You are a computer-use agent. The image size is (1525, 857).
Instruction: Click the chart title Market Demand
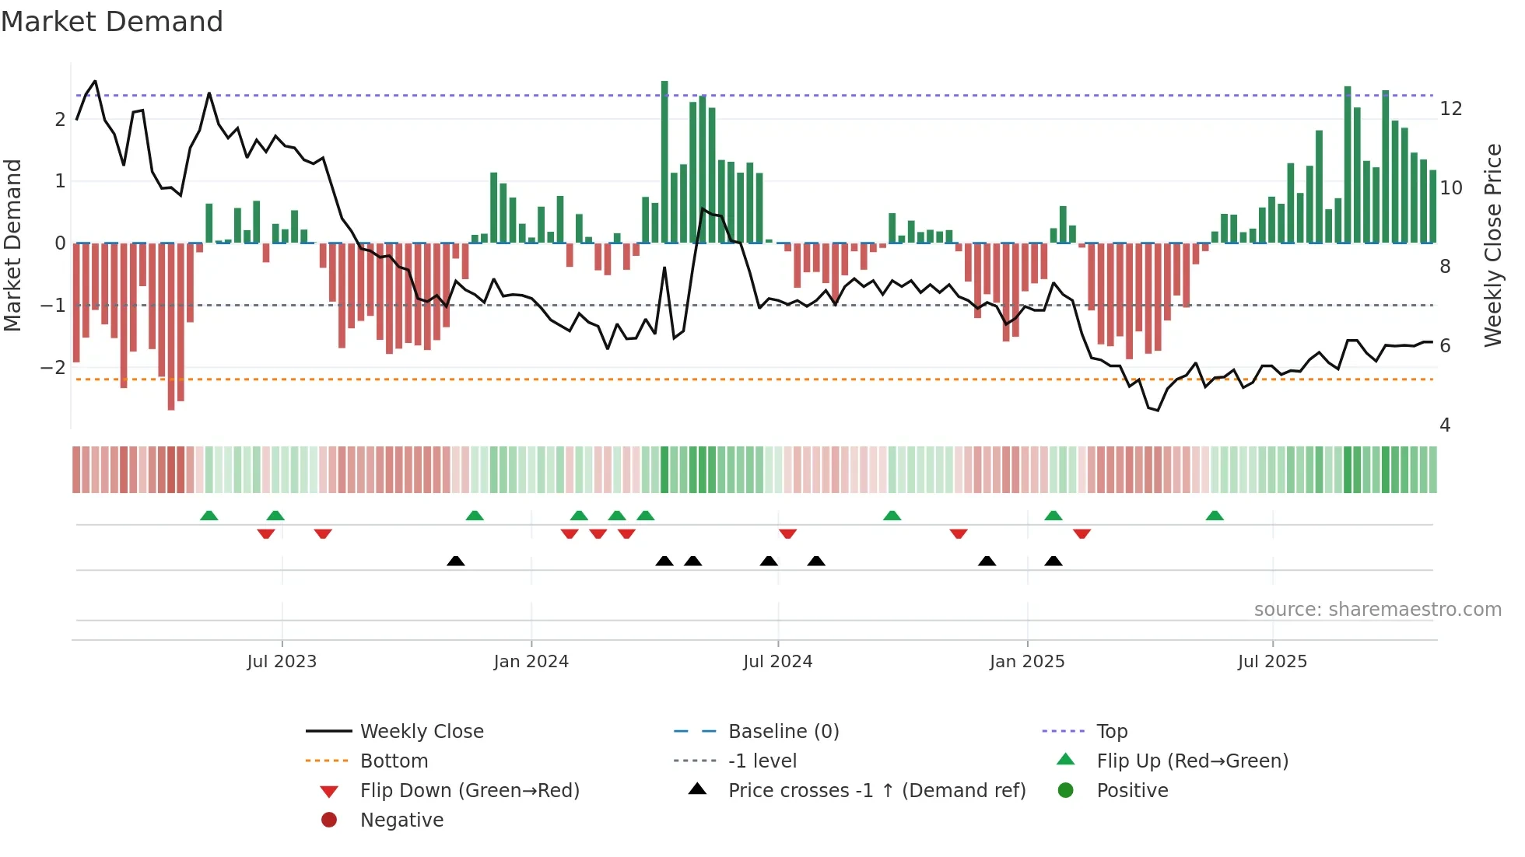coord(112,22)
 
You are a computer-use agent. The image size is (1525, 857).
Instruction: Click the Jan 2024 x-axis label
coord(531,661)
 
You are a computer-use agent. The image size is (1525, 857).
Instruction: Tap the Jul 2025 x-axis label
coord(1272,661)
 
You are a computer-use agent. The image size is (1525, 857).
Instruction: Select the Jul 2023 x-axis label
coord(282,661)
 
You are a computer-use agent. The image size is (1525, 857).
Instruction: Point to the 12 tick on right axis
coord(1450,108)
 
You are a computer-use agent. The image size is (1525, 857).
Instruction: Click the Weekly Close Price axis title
coord(1492,245)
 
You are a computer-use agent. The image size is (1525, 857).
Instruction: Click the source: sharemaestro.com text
coord(1377,609)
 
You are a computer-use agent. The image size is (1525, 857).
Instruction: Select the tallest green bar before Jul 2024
coord(664,162)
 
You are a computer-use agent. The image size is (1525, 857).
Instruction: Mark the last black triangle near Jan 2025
coord(1053,561)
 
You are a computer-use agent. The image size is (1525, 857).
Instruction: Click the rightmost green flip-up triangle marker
coord(1215,516)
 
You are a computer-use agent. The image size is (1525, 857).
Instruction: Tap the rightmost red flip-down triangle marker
coord(1082,533)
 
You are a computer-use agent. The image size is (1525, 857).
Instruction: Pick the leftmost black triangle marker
coord(456,561)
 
